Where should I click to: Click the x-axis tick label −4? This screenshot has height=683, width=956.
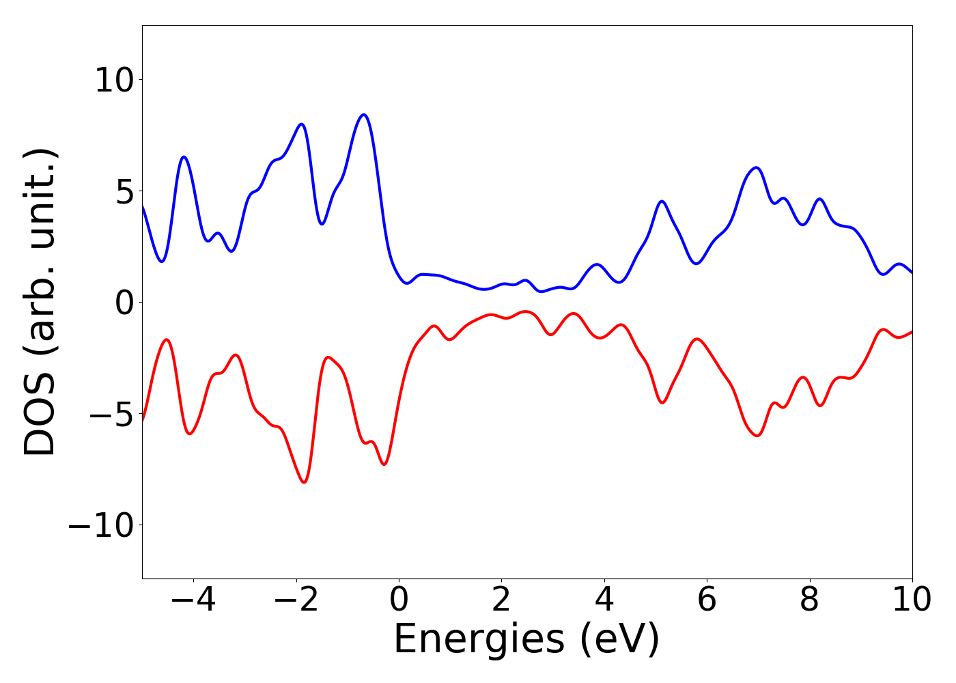pos(193,600)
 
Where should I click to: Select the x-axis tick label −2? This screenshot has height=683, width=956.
pos(296,600)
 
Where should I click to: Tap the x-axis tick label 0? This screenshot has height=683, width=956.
pos(399,600)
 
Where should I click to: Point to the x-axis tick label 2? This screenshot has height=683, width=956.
pos(501,600)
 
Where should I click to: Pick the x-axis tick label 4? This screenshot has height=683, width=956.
pos(604,600)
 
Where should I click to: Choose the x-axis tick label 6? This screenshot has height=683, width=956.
pos(707,600)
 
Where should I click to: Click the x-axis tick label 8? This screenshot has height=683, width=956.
pos(809,600)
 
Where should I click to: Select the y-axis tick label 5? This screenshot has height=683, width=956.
pos(125,192)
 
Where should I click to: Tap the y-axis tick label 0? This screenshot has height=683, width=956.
pos(125,303)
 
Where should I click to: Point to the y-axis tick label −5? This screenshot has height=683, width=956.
pos(109,414)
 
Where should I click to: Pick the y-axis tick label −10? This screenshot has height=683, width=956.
pos(101,525)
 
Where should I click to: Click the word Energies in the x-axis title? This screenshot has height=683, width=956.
pos(479,640)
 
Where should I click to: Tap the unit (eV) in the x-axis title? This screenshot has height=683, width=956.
pos(620,640)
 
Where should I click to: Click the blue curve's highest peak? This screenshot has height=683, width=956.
pos(364,115)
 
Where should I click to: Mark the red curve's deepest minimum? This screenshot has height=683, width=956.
pos(304,482)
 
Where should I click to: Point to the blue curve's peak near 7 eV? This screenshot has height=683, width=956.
pos(756,167)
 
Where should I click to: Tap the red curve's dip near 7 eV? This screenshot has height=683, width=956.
pos(757,435)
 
